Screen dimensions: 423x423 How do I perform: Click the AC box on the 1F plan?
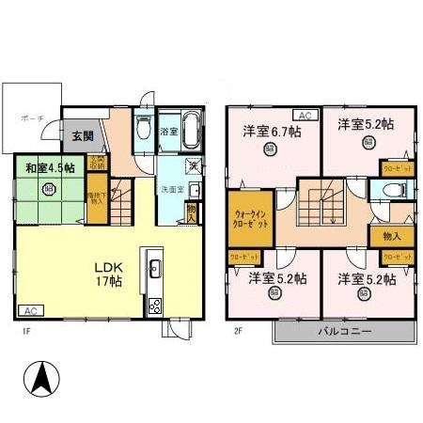(30, 310)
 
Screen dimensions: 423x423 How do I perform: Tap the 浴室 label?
(168, 132)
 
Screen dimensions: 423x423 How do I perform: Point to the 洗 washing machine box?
(191, 167)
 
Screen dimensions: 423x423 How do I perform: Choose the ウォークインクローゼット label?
(251, 219)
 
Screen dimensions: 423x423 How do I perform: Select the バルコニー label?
(343, 332)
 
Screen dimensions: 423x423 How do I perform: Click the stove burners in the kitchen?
(154, 305)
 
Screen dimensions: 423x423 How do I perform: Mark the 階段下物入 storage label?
(96, 200)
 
